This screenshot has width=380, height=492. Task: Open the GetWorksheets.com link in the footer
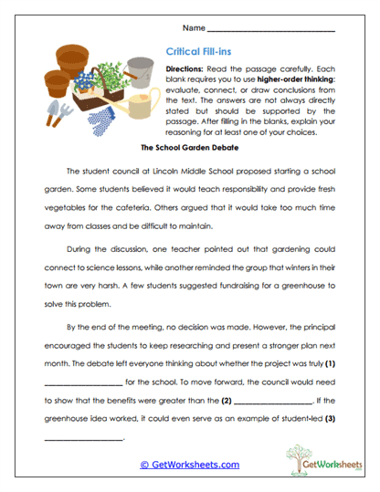[x=189, y=464]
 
